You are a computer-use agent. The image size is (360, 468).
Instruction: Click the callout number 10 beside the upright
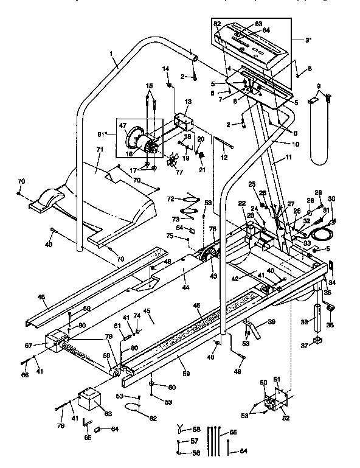296,144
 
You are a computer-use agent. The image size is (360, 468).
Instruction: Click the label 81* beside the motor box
110,133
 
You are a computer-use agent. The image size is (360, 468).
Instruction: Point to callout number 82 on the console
216,23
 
